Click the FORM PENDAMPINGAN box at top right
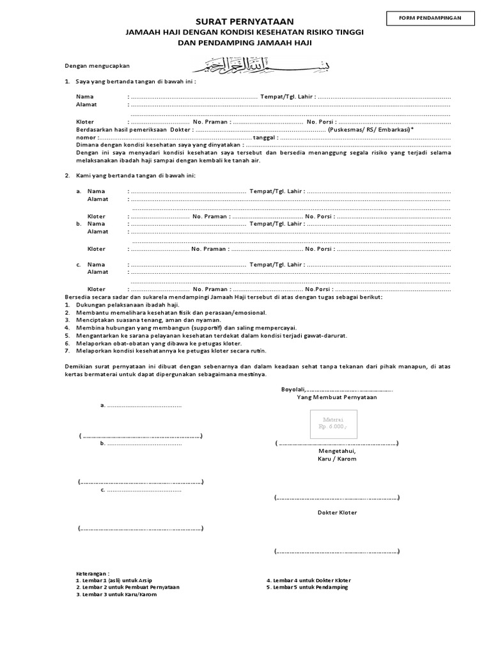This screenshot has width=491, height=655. pyautogui.click(x=431, y=19)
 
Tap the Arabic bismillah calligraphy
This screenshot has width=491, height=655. pyautogui.click(x=245, y=65)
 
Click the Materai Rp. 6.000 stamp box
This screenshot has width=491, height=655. pyautogui.click(x=333, y=424)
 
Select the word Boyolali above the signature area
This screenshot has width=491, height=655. pyautogui.click(x=293, y=389)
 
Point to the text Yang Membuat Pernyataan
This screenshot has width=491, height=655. pyautogui.click(x=337, y=397)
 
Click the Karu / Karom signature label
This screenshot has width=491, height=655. pyautogui.click(x=337, y=459)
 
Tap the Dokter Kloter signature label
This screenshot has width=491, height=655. pyautogui.click(x=337, y=512)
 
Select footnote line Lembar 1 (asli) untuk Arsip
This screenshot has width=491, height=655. pyautogui.click(x=114, y=580)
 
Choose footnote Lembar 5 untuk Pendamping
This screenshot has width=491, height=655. pyautogui.click(x=308, y=587)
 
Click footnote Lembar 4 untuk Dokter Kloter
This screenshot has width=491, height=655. pyautogui.click(x=309, y=580)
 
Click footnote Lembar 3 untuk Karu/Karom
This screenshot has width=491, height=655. pyautogui.click(x=116, y=594)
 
